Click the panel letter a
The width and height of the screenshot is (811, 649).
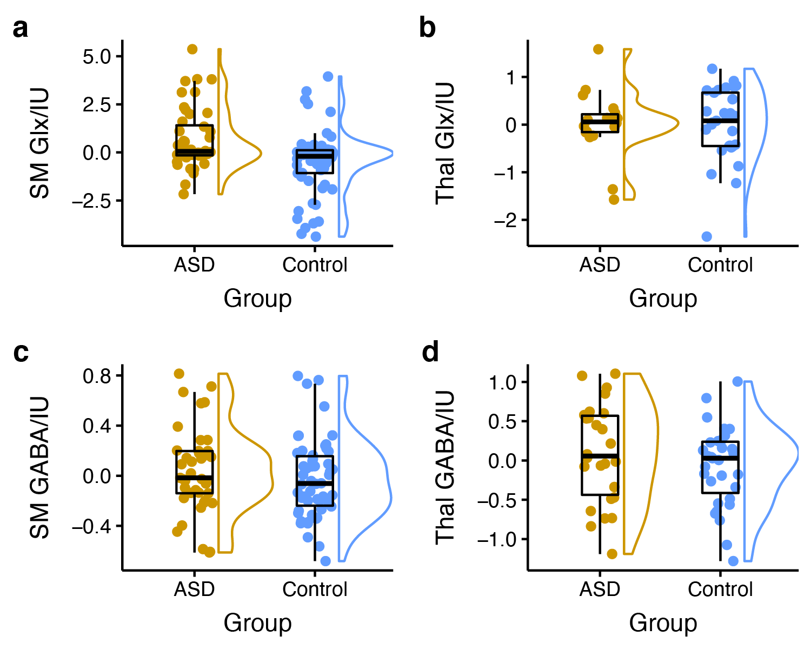click(21, 29)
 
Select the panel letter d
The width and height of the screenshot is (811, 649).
click(430, 353)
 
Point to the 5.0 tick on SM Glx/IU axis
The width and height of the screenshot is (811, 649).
click(97, 57)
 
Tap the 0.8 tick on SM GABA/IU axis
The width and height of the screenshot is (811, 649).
click(97, 376)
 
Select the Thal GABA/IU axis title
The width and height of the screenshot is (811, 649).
click(445, 467)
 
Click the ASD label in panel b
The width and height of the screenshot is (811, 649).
click(600, 265)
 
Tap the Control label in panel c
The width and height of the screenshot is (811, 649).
click(315, 590)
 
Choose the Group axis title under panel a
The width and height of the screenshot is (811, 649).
click(257, 299)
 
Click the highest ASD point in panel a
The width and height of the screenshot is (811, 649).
click(192, 49)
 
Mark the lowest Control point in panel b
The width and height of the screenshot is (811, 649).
click(706, 236)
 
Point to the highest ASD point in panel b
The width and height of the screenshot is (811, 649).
click(599, 49)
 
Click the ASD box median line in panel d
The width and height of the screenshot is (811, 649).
click(600, 456)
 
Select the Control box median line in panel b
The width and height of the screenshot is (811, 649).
click(720, 120)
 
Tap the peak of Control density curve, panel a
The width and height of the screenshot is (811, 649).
click(392, 154)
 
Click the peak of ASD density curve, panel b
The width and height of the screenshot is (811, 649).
click(678, 123)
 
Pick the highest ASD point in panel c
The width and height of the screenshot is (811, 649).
click(180, 374)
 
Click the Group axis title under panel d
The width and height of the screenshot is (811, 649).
click(663, 624)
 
